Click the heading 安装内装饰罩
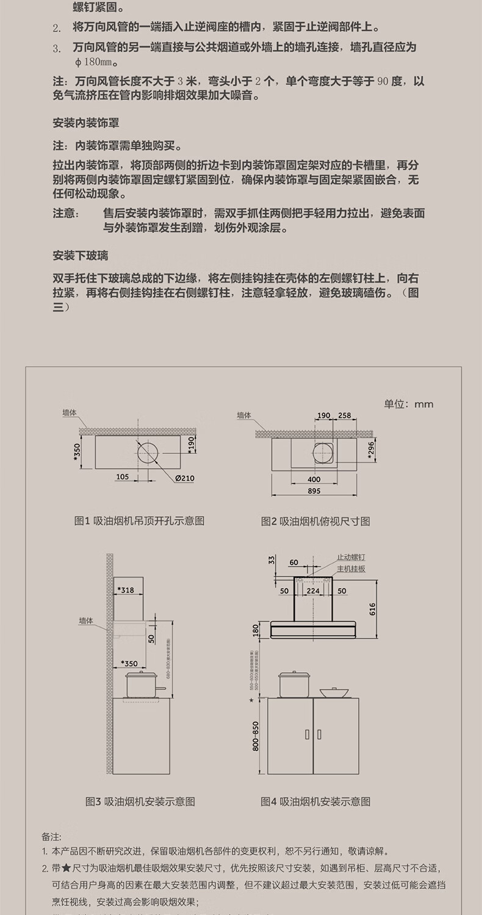(x=86, y=123)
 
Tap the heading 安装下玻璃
(x=81, y=254)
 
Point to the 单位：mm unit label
(x=408, y=404)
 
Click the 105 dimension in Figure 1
(x=122, y=476)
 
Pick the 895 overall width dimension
(x=314, y=491)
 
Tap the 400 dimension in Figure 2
(x=314, y=479)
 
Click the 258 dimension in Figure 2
(x=345, y=416)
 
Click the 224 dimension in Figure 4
(x=313, y=590)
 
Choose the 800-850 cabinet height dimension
(x=256, y=736)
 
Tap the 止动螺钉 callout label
(x=351, y=558)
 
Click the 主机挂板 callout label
(x=351, y=569)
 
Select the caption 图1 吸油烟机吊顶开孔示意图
(x=139, y=521)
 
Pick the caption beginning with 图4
(x=315, y=802)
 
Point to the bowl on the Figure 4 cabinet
(x=334, y=692)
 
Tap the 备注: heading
(x=52, y=837)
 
